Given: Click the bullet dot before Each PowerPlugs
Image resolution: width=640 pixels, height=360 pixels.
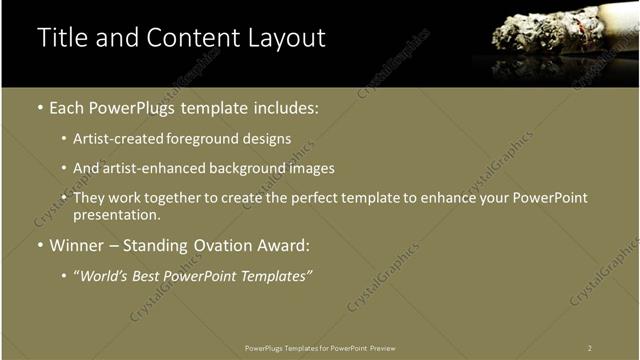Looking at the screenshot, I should pyautogui.click(x=39, y=107).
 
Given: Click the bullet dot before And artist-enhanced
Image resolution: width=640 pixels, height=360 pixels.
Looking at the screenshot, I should pyautogui.click(x=64, y=169).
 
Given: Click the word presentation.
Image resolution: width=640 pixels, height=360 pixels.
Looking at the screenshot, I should pyautogui.click(x=116, y=214).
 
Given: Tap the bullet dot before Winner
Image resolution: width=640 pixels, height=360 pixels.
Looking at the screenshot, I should pyautogui.click(x=39, y=245).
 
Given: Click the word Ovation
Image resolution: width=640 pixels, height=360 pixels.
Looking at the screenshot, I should pyautogui.click(x=223, y=245).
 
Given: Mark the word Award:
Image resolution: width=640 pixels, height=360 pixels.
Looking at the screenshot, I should pyautogui.click(x=284, y=245).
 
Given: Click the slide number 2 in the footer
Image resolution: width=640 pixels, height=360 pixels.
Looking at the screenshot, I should pyautogui.click(x=589, y=348).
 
